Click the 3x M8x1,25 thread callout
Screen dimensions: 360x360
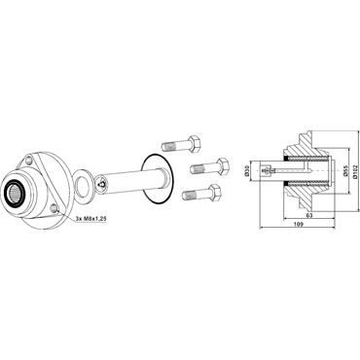[x=90, y=219]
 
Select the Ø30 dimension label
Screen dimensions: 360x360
[x=246, y=170]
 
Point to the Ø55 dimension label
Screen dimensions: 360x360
[x=345, y=170]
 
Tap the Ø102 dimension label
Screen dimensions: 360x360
[x=355, y=170]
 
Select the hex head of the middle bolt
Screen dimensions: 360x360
[x=223, y=166]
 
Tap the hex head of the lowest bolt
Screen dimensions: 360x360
[x=215, y=193]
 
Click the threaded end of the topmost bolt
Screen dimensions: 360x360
[x=169, y=147]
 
